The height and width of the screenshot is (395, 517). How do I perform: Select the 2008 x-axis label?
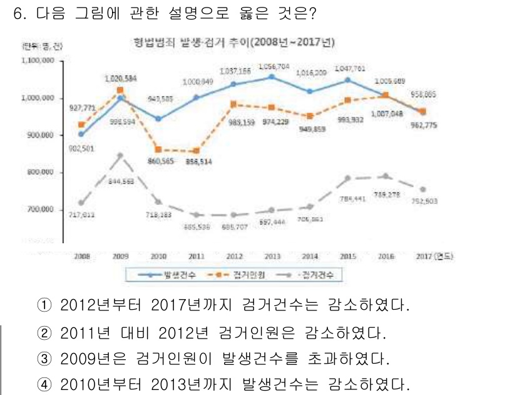(x=81, y=256)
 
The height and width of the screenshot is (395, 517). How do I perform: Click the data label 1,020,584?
(x=120, y=78)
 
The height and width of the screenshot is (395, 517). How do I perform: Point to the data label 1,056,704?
(x=274, y=66)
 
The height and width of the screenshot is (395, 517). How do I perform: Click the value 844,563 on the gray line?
(x=122, y=181)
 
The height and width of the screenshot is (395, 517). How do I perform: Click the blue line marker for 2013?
(x=271, y=76)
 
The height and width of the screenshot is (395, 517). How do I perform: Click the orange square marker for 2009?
(x=120, y=90)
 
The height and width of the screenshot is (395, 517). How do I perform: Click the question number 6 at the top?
(x=18, y=14)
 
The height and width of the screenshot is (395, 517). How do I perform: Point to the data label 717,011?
(x=81, y=214)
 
